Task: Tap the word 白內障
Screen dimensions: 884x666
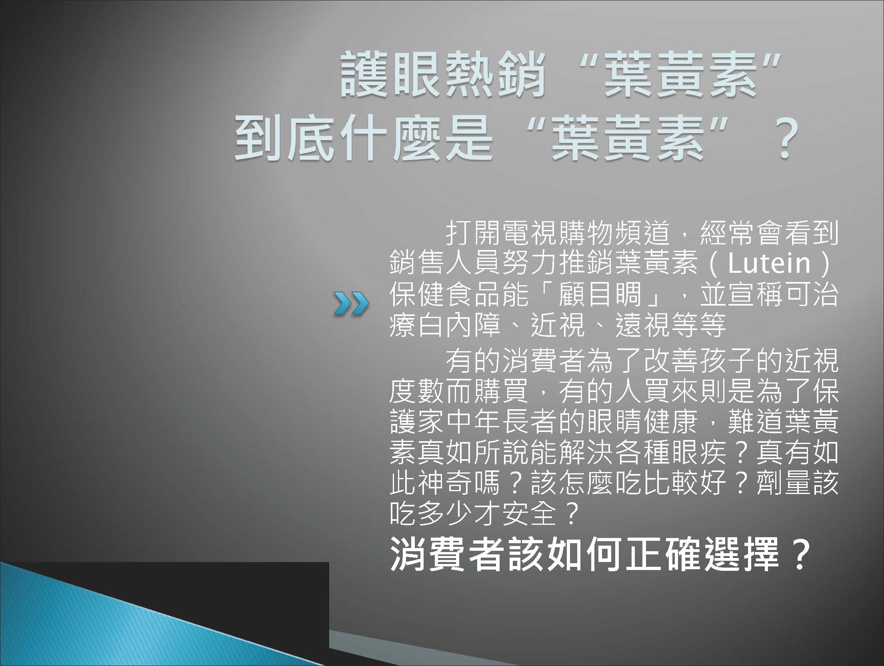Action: click(460, 326)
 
